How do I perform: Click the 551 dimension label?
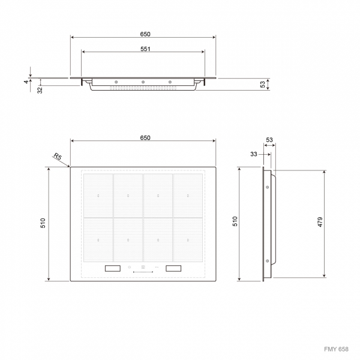point(145,49)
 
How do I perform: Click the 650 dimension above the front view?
point(145,34)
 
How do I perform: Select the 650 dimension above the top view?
point(145,138)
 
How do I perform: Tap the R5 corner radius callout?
point(58,157)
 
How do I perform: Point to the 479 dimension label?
point(320,222)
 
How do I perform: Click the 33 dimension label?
point(254,154)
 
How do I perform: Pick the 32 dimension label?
point(40,90)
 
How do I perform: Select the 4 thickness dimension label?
point(26,82)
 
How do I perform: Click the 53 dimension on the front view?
point(263,84)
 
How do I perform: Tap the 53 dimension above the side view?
point(269,140)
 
